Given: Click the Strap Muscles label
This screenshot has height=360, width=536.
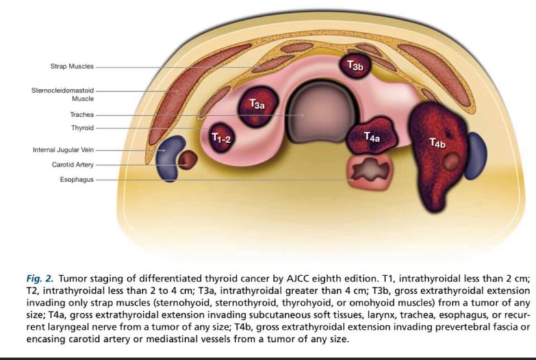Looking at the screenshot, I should [x=71, y=66].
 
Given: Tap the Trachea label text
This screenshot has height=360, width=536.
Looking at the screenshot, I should [x=81, y=115].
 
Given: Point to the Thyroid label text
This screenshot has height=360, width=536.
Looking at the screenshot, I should [x=82, y=128].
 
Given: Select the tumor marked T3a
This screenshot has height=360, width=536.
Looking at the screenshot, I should [x=257, y=104].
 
